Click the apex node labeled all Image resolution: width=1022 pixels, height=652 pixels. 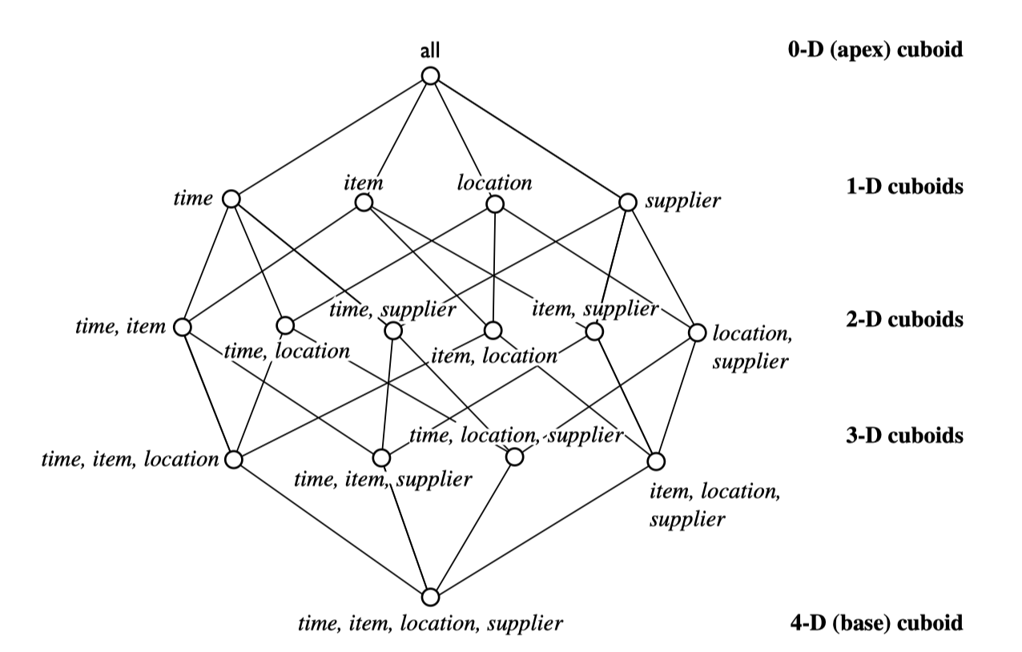tap(431, 76)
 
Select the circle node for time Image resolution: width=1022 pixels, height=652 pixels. tap(231, 199)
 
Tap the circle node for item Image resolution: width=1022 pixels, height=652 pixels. tap(363, 203)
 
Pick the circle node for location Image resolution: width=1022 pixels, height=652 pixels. tap(494, 203)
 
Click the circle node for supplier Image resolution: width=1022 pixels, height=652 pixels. tap(627, 200)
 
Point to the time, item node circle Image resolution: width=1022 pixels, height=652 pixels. tap(183, 327)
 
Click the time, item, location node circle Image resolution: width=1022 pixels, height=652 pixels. tap(233, 460)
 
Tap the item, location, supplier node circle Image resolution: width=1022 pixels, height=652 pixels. tap(657, 461)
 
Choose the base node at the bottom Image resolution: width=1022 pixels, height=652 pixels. tap(431, 598)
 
